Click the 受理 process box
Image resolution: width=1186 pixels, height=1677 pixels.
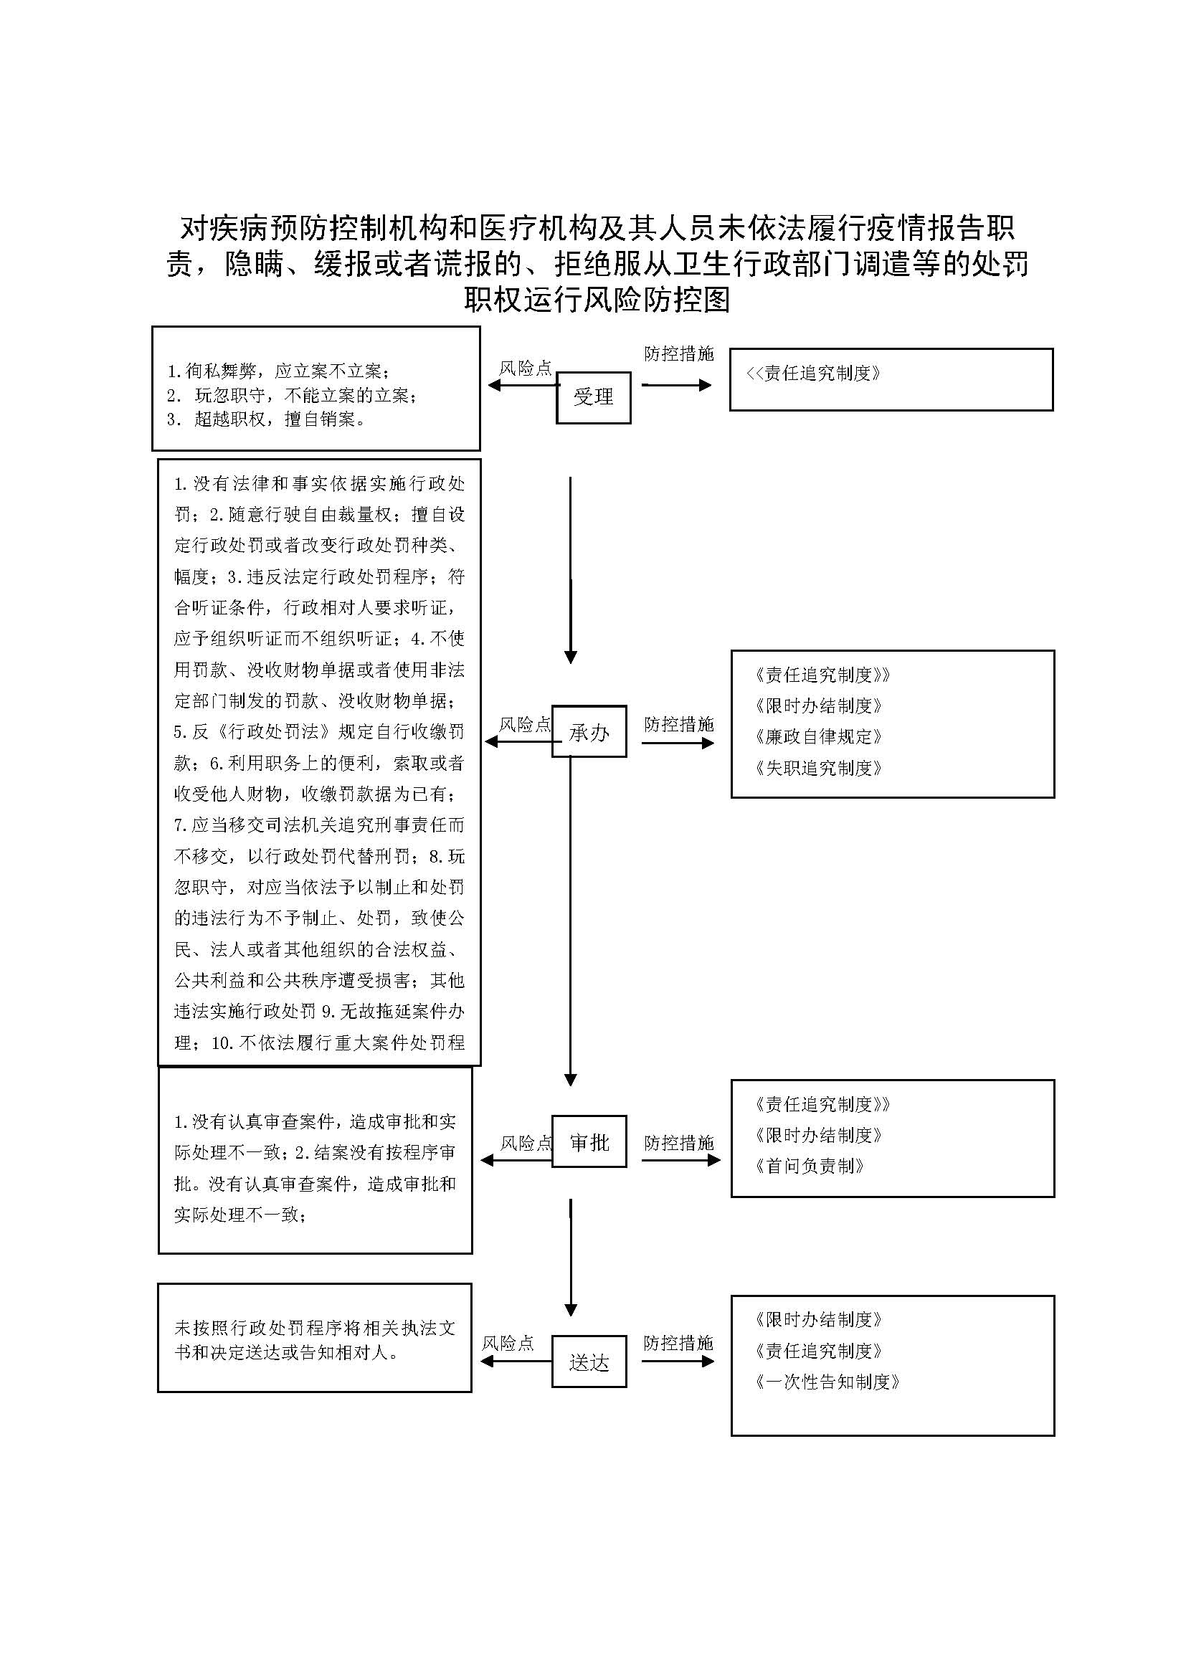point(593,397)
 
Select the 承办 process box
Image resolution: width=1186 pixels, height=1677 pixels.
point(589,731)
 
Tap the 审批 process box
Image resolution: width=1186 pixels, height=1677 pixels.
point(589,1141)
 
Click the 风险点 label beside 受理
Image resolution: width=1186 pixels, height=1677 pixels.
point(525,368)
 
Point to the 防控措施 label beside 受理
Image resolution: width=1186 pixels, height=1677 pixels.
point(678,354)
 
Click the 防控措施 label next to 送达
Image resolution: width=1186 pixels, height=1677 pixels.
point(678,1343)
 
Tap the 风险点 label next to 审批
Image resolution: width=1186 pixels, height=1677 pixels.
point(526,1143)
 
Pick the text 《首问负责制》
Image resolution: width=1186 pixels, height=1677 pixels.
point(810,1167)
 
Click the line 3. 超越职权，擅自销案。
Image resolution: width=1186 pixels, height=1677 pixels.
point(267,419)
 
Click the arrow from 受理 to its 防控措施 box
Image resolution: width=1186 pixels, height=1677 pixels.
point(676,385)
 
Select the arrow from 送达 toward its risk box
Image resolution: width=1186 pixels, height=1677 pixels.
point(516,1362)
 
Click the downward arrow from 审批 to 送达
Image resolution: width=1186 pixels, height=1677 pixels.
point(571,1260)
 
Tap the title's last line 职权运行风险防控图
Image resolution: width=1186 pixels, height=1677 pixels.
point(597,300)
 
